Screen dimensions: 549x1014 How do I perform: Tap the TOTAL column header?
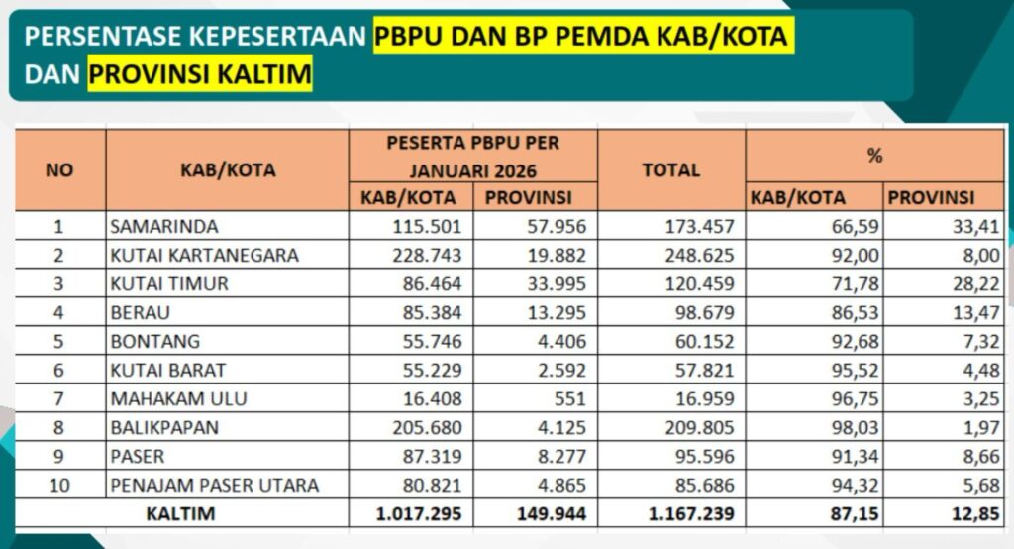point(670,169)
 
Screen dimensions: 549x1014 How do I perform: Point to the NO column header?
point(59,169)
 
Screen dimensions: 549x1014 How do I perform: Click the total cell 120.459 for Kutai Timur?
point(698,283)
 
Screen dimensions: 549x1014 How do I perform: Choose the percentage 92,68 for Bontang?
point(850,341)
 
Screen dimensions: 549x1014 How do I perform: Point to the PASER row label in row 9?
point(138,456)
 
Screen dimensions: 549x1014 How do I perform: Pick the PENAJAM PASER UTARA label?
point(215,485)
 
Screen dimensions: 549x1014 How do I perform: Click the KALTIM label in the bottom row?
point(180,514)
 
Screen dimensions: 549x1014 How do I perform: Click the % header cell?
point(874,156)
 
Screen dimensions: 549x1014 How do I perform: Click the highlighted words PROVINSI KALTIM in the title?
point(199,74)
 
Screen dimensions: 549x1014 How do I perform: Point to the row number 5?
point(59,341)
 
